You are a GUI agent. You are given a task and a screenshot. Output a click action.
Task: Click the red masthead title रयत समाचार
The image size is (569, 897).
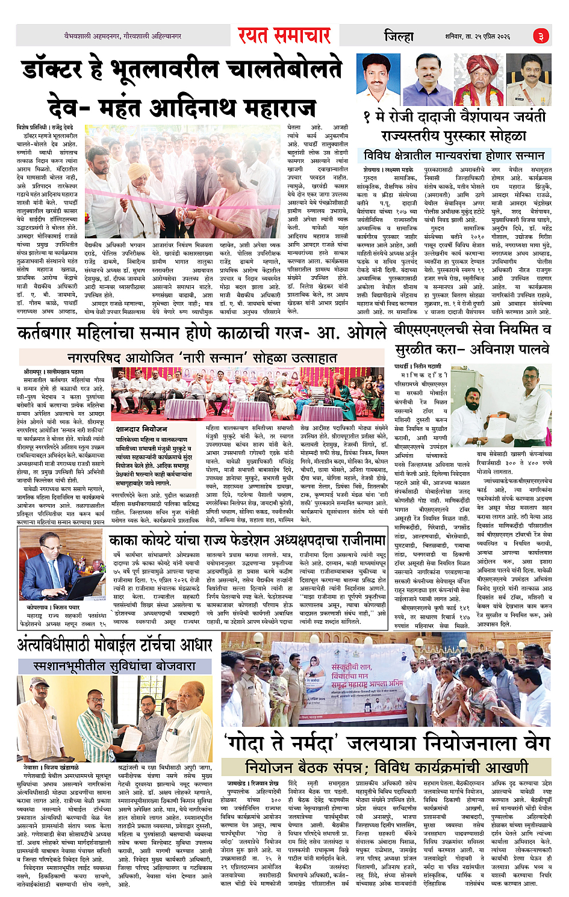pyautogui.click(x=284, y=35)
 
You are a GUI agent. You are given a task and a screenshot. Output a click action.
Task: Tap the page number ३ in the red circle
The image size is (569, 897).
pyautogui.click(x=541, y=36)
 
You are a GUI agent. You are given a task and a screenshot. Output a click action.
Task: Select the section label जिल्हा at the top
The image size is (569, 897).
pyautogui.click(x=399, y=36)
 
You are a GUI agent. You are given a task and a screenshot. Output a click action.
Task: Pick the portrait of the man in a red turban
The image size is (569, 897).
pyautogui.click(x=480, y=79)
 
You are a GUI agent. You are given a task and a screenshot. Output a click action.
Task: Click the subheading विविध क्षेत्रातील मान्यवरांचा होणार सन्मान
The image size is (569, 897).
pyautogui.click(x=454, y=155)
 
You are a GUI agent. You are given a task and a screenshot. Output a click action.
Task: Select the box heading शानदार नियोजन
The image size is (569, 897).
pyautogui.click(x=141, y=429)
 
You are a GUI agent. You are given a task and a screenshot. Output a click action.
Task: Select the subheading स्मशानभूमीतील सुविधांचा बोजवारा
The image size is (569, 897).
pyautogui.click(x=114, y=666)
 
